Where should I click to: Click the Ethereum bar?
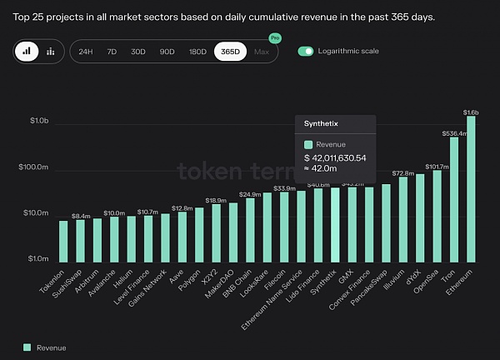click(x=471, y=187)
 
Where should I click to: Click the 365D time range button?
click(x=230, y=52)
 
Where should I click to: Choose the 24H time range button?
click(x=85, y=52)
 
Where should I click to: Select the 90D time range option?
click(x=167, y=52)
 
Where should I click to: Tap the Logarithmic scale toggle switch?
click(x=306, y=52)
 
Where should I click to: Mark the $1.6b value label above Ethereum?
click(x=471, y=112)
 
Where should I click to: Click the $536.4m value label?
click(x=454, y=132)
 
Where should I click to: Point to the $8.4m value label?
click(x=81, y=216)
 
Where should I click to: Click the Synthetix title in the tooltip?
click(x=321, y=123)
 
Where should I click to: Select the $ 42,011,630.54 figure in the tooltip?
click(x=335, y=157)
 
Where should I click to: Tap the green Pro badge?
click(x=275, y=38)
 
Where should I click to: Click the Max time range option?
click(x=262, y=52)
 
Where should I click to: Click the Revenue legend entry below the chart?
click(x=45, y=347)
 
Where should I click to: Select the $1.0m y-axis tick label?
click(x=37, y=259)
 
